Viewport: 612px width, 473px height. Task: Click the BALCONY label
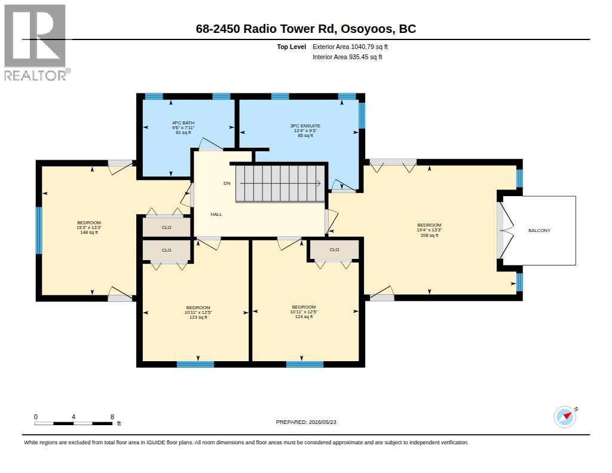tap(539, 230)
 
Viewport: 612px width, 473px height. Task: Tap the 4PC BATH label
tap(183, 123)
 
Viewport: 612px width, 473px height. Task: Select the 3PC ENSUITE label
tap(305, 126)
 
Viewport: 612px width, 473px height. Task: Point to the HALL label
tap(216, 214)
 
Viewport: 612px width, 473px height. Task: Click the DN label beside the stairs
tap(227, 183)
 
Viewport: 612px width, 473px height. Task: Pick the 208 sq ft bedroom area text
tap(429, 235)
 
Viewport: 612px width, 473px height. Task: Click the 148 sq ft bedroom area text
tap(89, 233)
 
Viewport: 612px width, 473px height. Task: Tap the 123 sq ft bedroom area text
tap(198, 317)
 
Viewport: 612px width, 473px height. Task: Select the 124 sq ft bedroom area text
tap(304, 317)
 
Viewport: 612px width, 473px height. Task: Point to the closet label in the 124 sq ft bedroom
tap(335, 249)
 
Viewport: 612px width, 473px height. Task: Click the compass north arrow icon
tap(565, 417)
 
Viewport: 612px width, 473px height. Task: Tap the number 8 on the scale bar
tap(112, 417)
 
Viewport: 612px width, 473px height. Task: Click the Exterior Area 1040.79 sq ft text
tap(350, 47)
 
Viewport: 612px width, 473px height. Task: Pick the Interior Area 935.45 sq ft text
tap(347, 57)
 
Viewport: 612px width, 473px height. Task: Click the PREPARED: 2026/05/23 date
tap(306, 422)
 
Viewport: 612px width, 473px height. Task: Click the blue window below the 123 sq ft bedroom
tap(195, 364)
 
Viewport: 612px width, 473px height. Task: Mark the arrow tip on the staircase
tap(320, 183)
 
